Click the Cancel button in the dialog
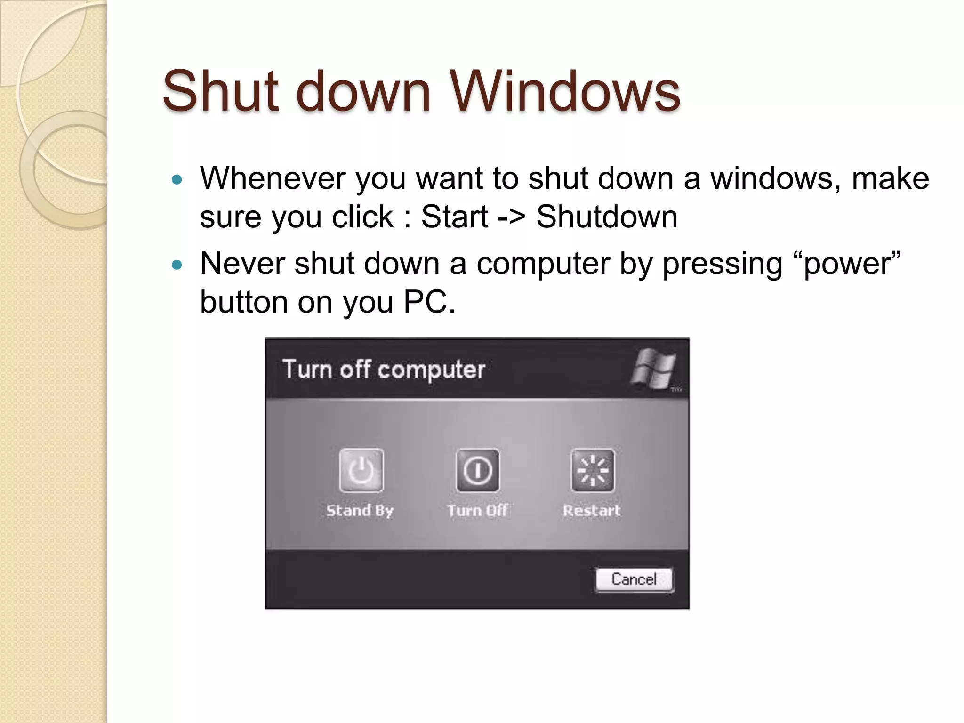[x=634, y=579]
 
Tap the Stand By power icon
[x=361, y=470]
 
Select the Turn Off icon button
[x=477, y=470]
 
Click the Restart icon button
[x=593, y=470]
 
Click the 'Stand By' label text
[x=360, y=510]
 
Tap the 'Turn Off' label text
[x=477, y=510]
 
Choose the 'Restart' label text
[x=592, y=510]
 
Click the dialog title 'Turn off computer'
[x=384, y=370]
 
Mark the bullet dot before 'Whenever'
[x=177, y=179]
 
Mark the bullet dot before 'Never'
[x=177, y=265]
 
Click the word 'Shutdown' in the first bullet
[x=607, y=217]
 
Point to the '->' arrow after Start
[x=512, y=217]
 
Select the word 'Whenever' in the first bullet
[x=273, y=178]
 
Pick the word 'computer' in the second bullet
[x=543, y=264]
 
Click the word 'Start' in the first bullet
[x=455, y=217]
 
